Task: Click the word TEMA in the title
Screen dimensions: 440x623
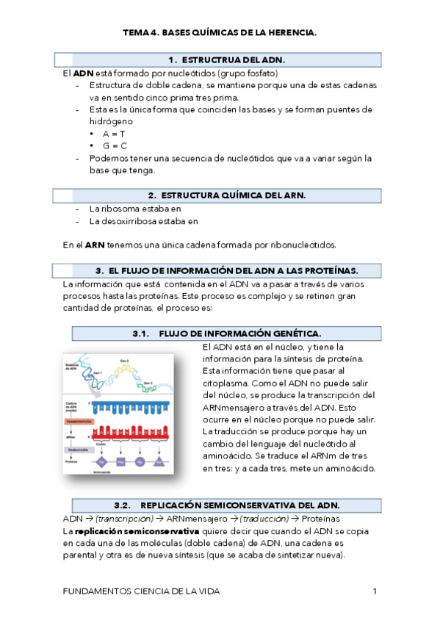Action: (135, 33)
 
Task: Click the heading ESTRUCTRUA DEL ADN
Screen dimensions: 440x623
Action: (226, 60)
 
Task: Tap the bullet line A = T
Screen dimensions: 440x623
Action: (115, 134)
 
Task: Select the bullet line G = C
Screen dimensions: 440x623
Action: (115, 145)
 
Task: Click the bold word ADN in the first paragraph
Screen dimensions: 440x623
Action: (84, 73)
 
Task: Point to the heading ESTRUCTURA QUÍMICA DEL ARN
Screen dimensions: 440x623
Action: (226, 195)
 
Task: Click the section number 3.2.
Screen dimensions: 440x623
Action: (122, 505)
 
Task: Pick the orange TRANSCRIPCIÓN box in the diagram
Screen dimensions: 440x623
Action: (79, 422)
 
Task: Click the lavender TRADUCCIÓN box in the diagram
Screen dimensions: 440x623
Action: (79, 449)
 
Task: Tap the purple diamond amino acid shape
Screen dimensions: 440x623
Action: (102, 461)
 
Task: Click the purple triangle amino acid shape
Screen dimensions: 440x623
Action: (159, 461)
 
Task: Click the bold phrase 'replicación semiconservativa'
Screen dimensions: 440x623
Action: (137, 530)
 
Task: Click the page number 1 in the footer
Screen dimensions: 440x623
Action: (375, 591)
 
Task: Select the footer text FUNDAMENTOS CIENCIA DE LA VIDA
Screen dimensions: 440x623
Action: (142, 591)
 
